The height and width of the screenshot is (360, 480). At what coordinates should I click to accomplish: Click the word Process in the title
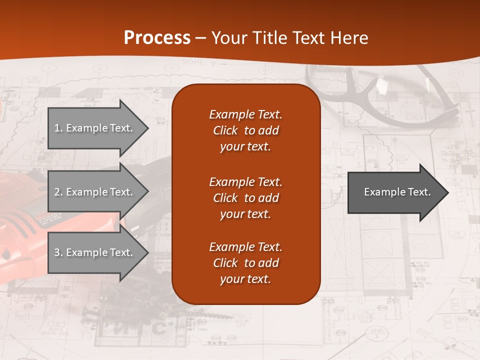pos(157,38)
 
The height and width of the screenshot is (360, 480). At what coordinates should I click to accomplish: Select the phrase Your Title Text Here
pos(289,38)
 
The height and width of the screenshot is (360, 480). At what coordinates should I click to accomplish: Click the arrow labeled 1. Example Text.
pos(95,128)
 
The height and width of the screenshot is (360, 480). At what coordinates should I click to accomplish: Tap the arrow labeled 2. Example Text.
pos(95,192)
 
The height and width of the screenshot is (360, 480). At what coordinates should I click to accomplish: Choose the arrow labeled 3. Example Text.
pos(95,252)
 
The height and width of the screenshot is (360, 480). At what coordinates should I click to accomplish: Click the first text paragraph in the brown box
pos(245,130)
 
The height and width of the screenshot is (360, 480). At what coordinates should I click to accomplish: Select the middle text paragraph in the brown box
pos(245,197)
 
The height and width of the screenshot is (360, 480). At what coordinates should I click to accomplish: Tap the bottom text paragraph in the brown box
pos(245,263)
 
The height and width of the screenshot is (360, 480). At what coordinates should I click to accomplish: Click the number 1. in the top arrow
pos(58,128)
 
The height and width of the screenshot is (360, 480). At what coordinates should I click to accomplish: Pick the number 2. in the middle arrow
pos(58,192)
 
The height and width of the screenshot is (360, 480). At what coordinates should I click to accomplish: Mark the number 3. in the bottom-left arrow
pos(58,252)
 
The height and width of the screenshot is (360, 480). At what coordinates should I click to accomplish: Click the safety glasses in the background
pos(385,95)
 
